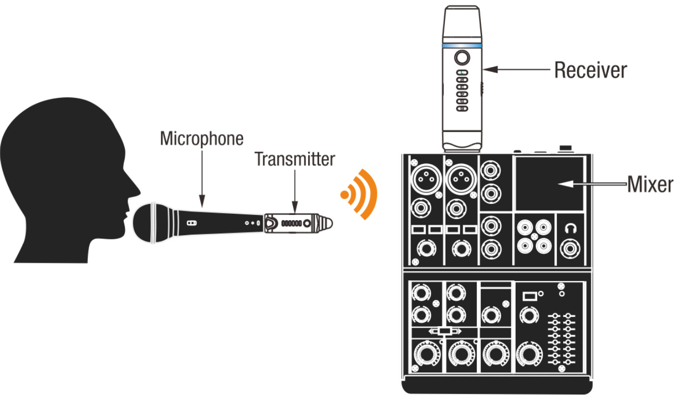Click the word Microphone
(201, 139)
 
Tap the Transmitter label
(295, 159)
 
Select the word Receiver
(591, 70)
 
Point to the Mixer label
(650, 184)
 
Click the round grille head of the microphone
(145, 223)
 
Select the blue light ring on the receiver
(462, 46)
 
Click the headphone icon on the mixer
(570, 228)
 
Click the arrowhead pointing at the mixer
(565, 184)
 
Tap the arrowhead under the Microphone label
(202, 201)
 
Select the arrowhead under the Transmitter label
(295, 207)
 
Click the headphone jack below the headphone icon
(570, 249)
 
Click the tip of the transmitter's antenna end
(333, 223)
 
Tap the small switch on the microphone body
(192, 223)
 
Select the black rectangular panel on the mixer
(550, 184)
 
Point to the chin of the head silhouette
(119, 237)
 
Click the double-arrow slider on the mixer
(445, 331)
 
